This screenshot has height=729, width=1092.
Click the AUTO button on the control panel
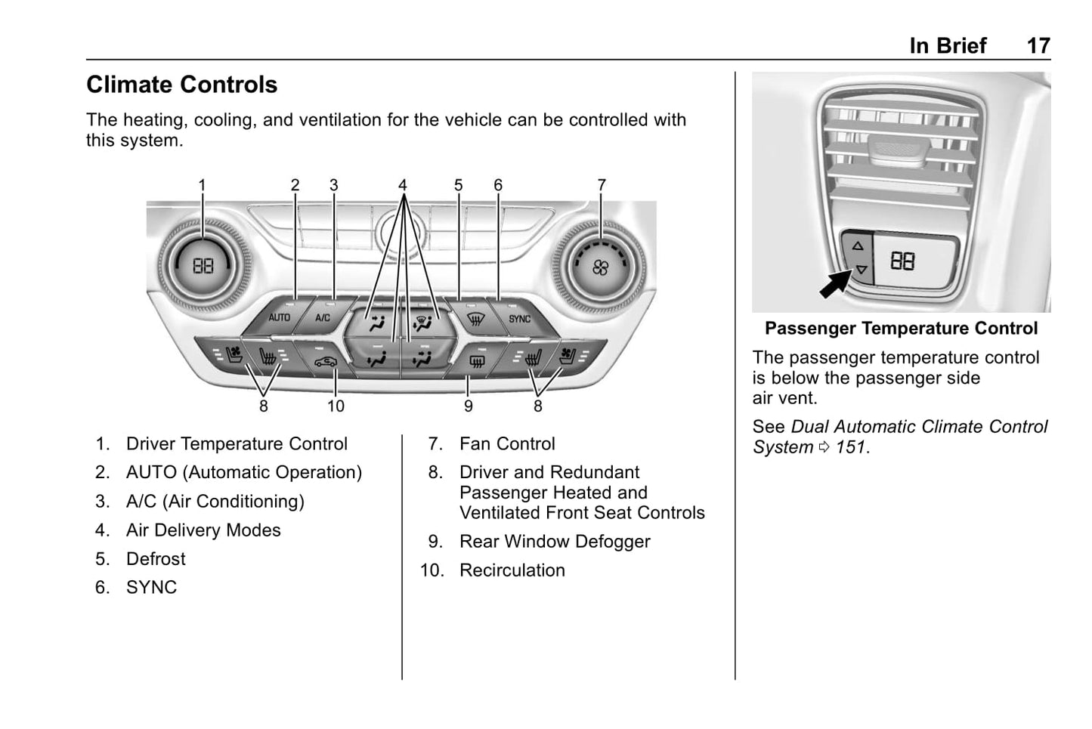pyautogui.click(x=279, y=317)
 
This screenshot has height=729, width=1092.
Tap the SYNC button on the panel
pyautogui.click(x=519, y=319)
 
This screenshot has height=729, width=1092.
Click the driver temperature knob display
pyautogui.click(x=203, y=266)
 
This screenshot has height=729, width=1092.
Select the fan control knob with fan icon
pyautogui.click(x=600, y=267)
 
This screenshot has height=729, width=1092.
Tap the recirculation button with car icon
pyautogui.click(x=326, y=361)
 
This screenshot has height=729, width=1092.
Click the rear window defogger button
pyautogui.click(x=476, y=361)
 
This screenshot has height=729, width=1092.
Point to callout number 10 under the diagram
pyautogui.click(x=336, y=406)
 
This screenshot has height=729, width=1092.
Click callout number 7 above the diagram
pyautogui.click(x=602, y=185)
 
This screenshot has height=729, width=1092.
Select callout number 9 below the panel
pyautogui.click(x=469, y=406)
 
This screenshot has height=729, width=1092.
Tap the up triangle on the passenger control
pyautogui.click(x=858, y=246)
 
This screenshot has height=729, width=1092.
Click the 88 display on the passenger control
pyautogui.click(x=902, y=261)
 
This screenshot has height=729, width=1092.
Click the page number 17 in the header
pyautogui.click(x=1038, y=46)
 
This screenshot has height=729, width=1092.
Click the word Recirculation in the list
pyautogui.click(x=512, y=570)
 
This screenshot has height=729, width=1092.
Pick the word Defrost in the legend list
pyautogui.click(x=156, y=559)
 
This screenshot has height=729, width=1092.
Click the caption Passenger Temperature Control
pyautogui.click(x=901, y=329)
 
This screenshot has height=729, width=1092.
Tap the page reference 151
pyautogui.click(x=851, y=447)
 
